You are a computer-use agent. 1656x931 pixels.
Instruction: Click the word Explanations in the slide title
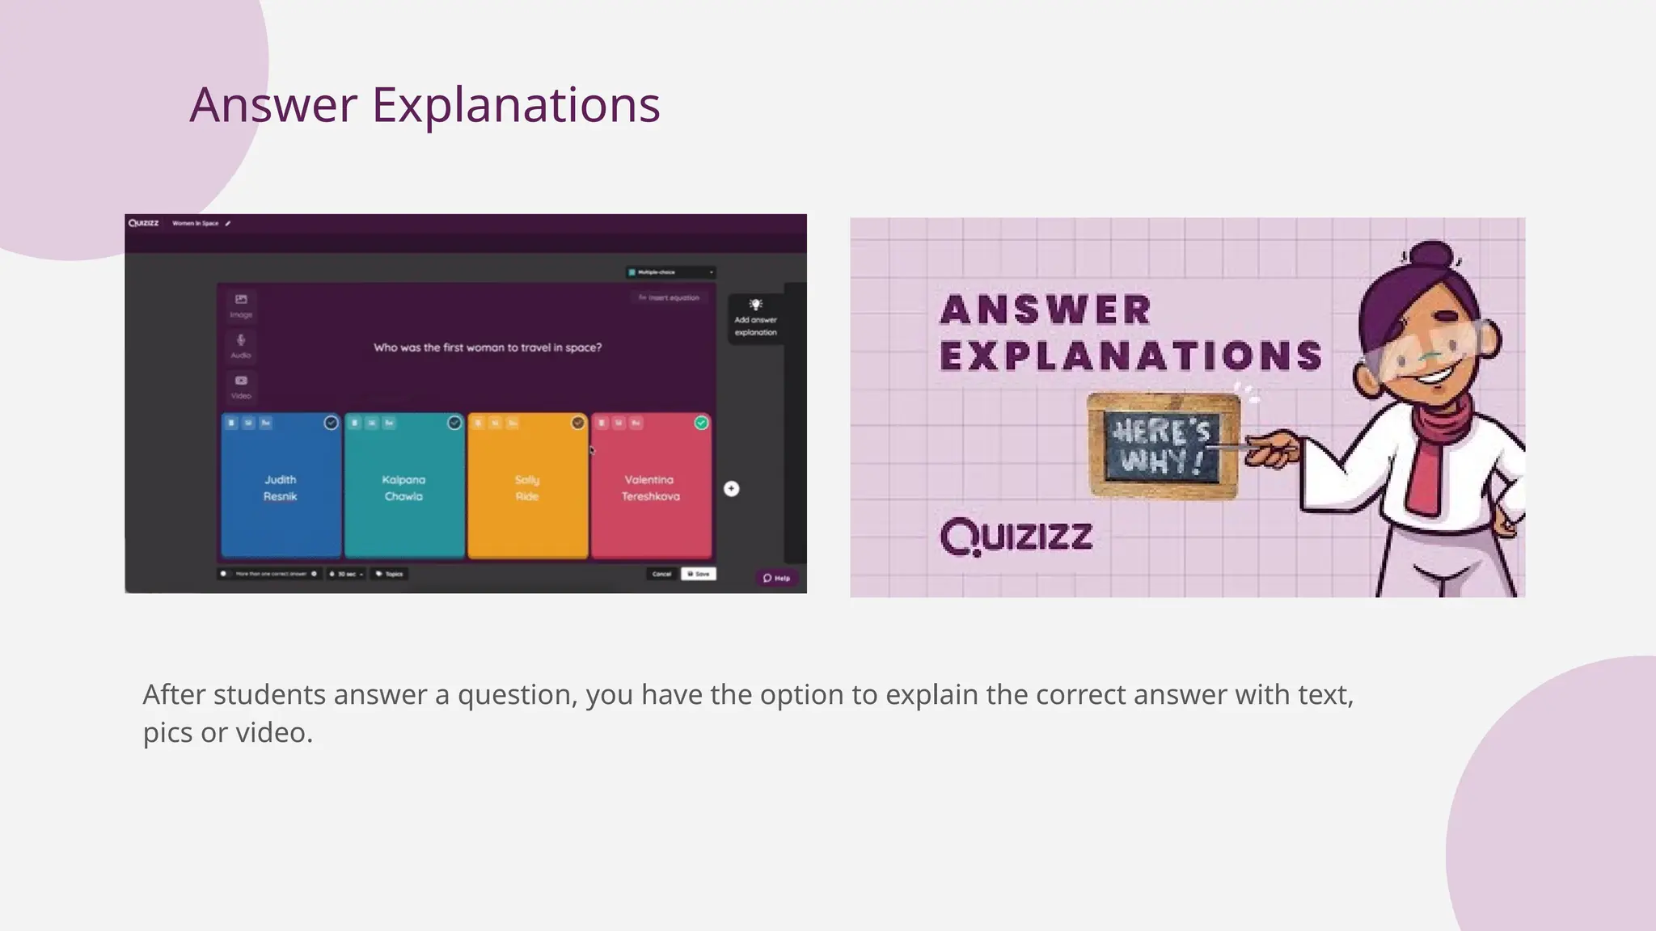click(515, 105)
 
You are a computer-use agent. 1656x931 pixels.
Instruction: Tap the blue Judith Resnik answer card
click(281, 487)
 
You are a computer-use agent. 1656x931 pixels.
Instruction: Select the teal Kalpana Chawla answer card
click(403, 487)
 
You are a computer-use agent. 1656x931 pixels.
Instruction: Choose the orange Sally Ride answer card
click(527, 487)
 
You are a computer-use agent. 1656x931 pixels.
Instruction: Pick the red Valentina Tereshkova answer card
click(651, 487)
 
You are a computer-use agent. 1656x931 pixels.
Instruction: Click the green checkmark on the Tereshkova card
click(701, 423)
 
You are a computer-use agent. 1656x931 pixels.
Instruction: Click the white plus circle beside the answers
click(731, 488)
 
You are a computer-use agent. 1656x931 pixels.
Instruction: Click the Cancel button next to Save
click(661, 574)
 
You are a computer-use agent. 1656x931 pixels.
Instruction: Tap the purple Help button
click(776, 578)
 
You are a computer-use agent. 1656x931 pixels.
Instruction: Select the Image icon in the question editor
click(241, 304)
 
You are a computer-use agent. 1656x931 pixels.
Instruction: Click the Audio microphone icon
click(241, 344)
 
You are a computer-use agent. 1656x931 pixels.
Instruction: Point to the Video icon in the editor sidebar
click(241, 385)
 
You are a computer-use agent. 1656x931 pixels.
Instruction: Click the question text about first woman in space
click(487, 348)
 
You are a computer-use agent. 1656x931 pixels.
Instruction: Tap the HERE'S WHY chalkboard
click(1163, 445)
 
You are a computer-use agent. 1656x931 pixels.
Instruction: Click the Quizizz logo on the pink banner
click(1016, 537)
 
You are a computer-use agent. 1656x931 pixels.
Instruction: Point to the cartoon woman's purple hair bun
click(1431, 258)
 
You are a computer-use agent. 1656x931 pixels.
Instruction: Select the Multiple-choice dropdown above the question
click(670, 272)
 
